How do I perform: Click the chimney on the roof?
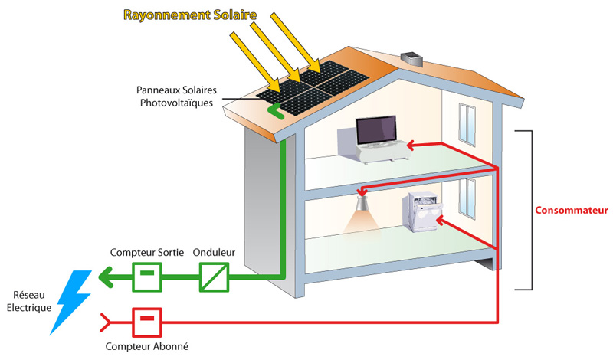412,58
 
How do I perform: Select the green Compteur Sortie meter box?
148,276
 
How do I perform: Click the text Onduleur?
214,251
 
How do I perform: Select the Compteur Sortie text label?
143,251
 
